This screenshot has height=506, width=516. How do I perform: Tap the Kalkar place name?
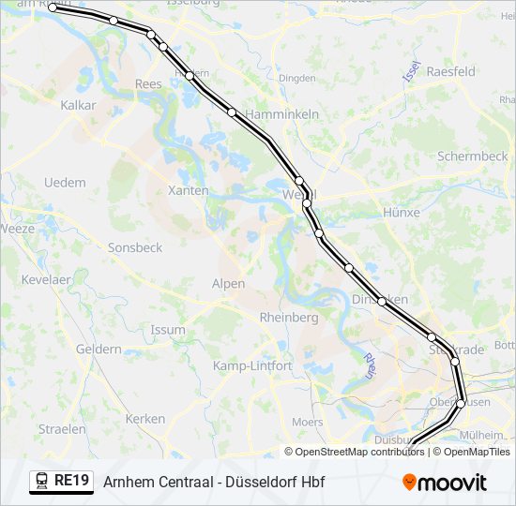pos(78,106)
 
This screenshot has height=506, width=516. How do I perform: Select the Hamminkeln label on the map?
pos(281,114)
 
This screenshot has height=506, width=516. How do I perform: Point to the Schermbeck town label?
pos(472,156)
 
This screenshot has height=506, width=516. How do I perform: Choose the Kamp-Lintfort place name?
pos(252,365)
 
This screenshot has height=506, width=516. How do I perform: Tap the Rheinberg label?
pos(288,318)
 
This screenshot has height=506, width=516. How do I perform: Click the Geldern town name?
pos(99,349)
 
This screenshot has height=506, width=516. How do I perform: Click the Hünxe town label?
pos(401,213)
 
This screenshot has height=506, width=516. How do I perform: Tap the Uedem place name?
pos(65,183)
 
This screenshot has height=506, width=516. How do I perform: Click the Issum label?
pos(168,330)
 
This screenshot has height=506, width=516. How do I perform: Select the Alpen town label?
pos(228,283)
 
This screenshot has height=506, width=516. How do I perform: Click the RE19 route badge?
pos(62,481)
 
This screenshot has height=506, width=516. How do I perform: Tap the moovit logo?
pos(445,483)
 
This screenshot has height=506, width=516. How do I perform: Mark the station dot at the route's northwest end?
pos(53,7)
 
